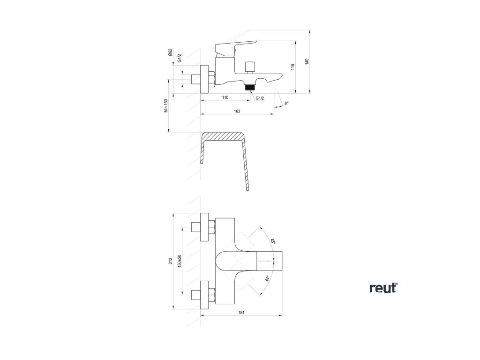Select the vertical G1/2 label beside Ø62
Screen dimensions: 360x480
click(180, 58)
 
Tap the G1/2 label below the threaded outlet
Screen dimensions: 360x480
click(260, 98)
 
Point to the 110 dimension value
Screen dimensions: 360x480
click(225, 97)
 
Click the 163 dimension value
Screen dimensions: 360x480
click(237, 111)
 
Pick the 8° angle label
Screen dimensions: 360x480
click(287, 104)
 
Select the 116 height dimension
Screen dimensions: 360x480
click(292, 67)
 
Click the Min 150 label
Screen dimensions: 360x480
click(165, 106)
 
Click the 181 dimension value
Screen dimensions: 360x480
click(240, 312)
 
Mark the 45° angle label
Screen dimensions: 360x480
click(272, 241)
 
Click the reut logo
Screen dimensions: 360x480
click(383, 288)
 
